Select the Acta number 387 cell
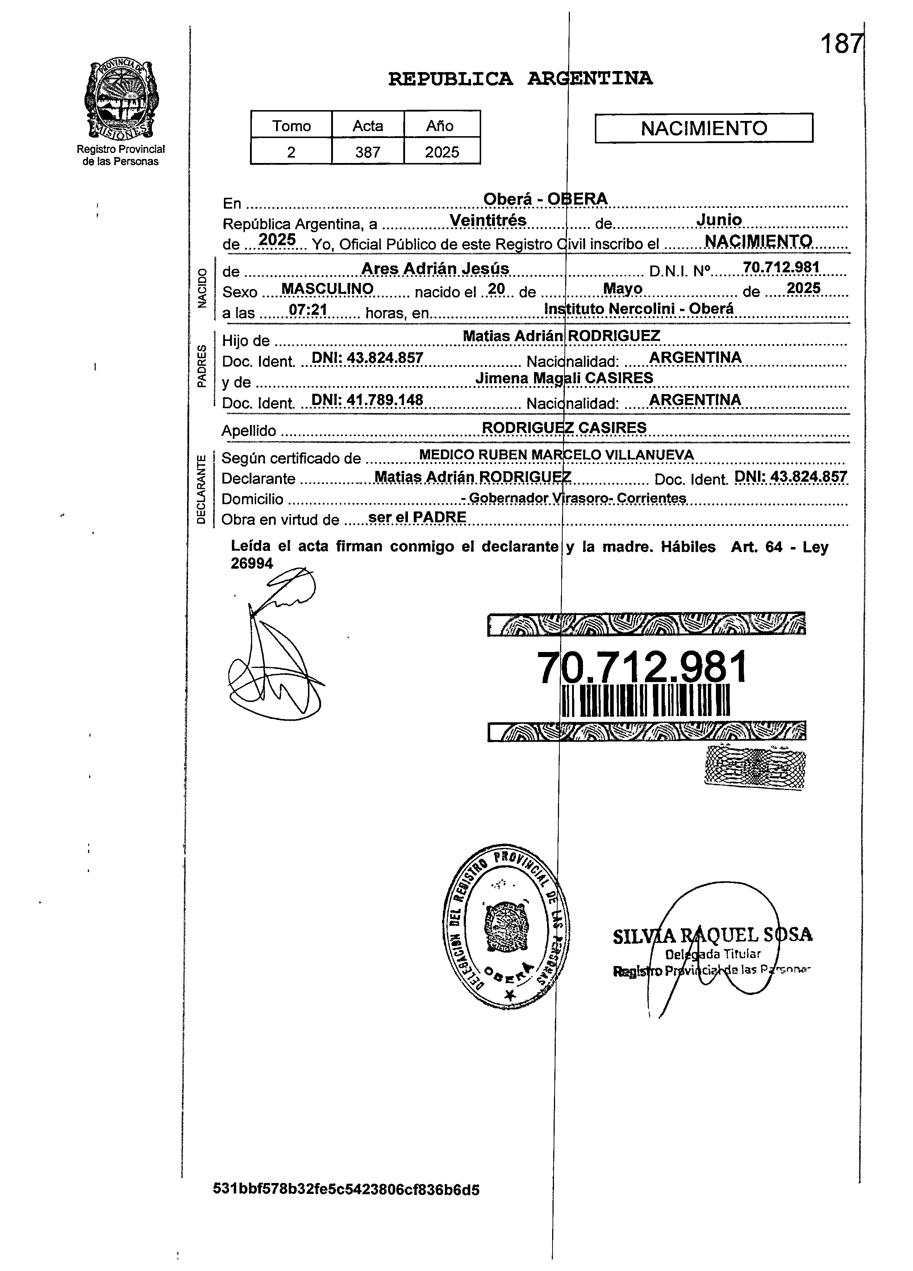368,152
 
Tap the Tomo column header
291,126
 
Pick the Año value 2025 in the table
442,152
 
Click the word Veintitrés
488,221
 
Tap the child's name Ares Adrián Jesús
435,269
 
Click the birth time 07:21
308,310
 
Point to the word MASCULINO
327,289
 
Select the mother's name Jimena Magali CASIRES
564,378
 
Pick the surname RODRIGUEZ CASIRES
564,427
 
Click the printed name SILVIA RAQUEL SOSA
712,935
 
